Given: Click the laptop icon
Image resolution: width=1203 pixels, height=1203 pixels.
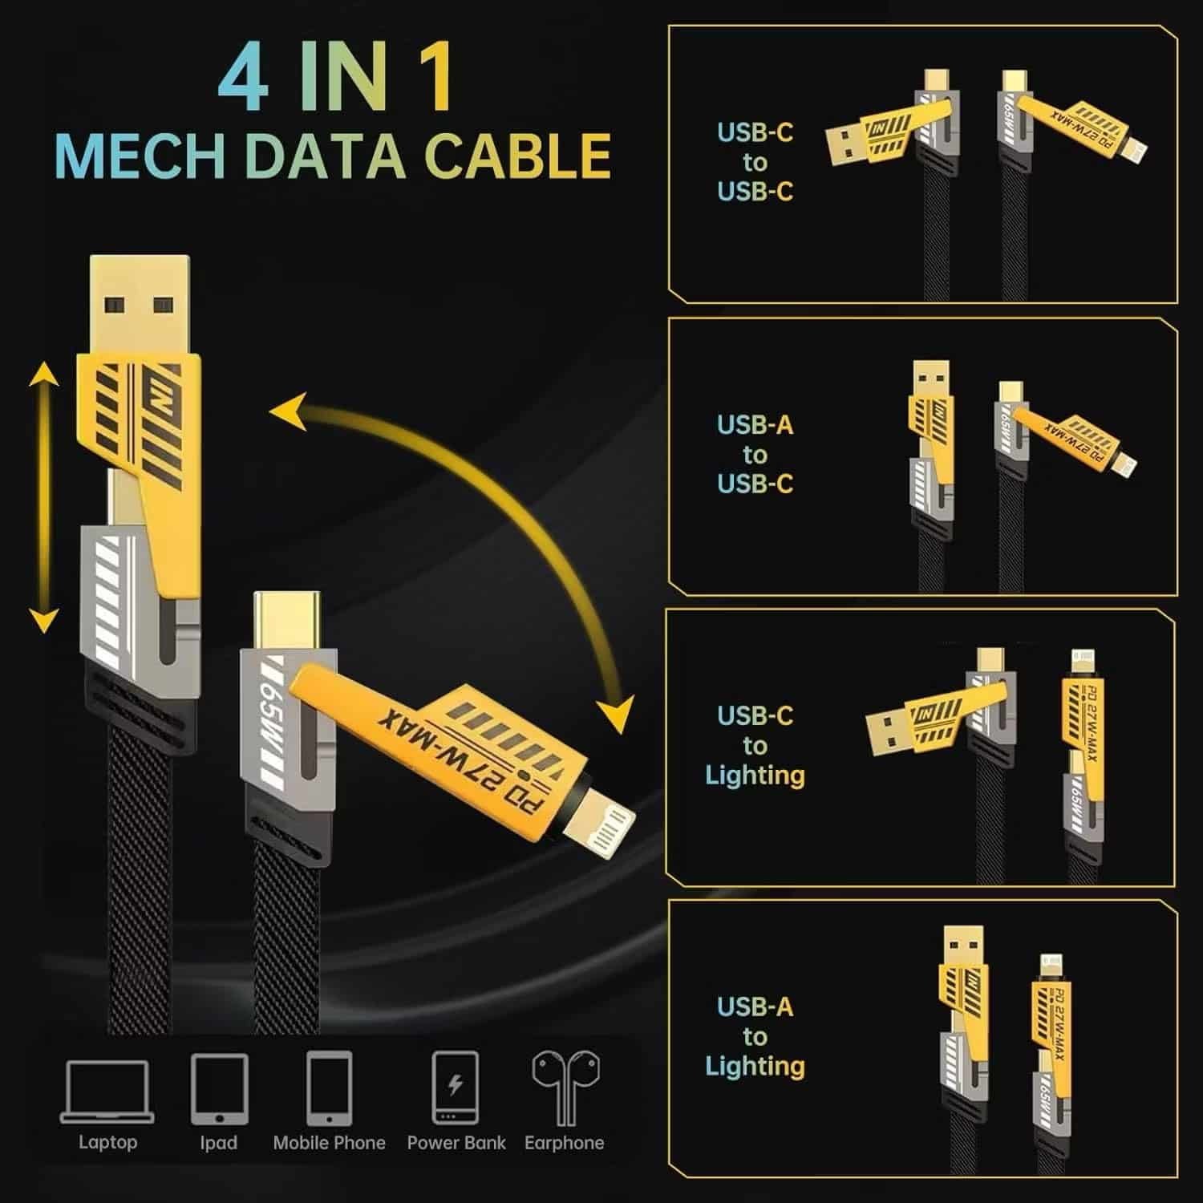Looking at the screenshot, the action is (107, 1091).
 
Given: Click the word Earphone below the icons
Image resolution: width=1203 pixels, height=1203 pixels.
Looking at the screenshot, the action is (565, 1143).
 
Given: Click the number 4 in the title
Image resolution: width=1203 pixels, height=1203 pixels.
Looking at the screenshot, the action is (243, 77).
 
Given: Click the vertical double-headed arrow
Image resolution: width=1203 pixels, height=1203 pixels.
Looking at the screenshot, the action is (44, 497).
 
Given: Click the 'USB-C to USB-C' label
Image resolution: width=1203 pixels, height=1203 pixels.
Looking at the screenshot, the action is (755, 162).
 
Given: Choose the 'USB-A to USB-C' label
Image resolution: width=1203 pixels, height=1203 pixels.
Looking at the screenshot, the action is (755, 454).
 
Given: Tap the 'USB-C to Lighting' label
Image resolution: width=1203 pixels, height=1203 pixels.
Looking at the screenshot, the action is (755, 745).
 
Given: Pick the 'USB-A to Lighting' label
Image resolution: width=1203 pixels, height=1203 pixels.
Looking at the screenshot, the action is (755, 1036).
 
